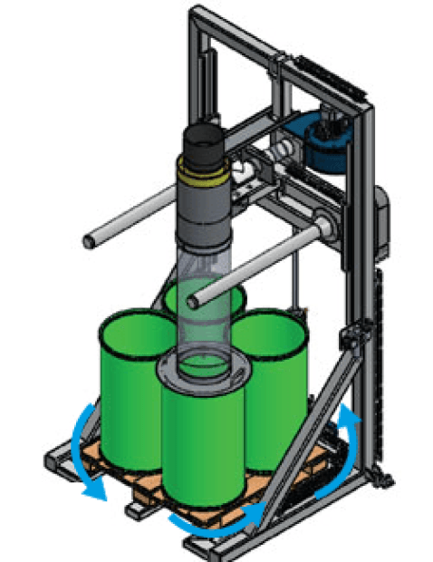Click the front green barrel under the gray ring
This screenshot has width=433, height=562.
click(202, 444)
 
